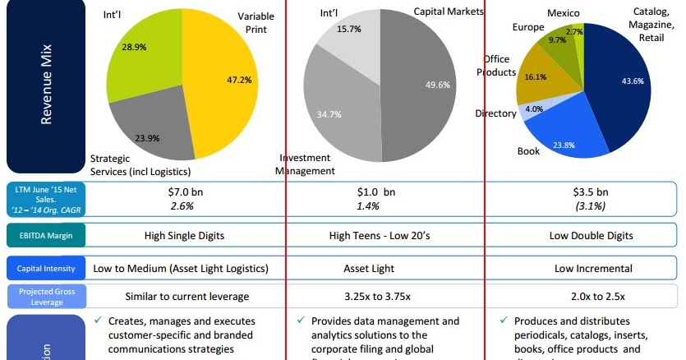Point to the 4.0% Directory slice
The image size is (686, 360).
point(534,109)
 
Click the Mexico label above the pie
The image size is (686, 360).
point(563,13)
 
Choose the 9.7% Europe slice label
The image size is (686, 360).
point(557,40)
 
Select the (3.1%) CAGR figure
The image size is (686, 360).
point(592,205)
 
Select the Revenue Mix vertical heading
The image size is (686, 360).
point(47,88)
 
